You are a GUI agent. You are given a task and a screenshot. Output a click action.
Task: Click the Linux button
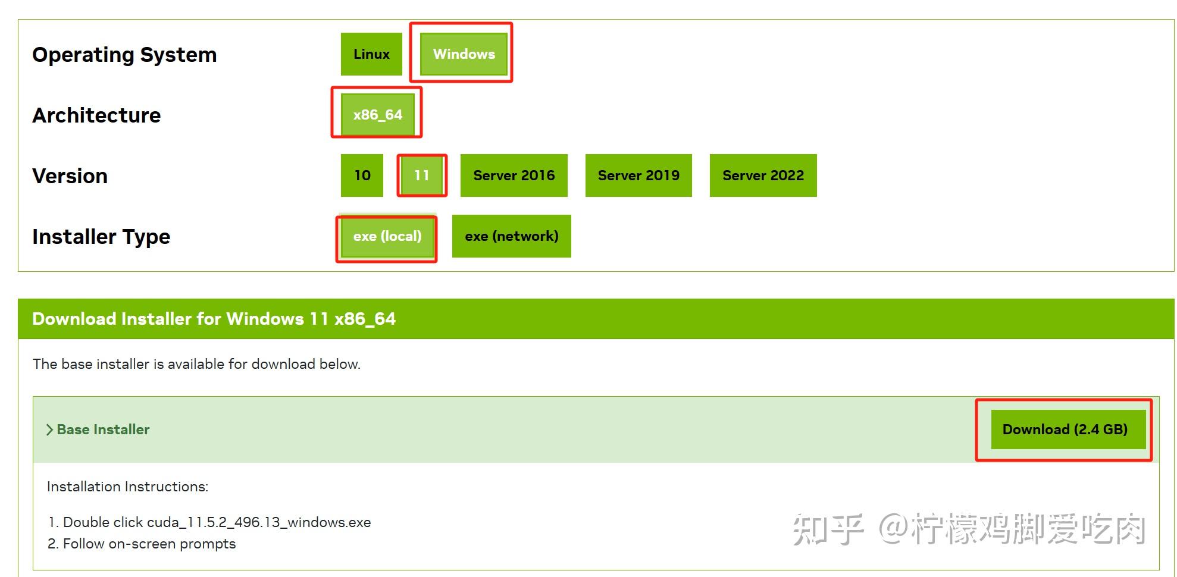click(x=371, y=54)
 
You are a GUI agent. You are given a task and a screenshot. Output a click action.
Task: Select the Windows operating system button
click(x=464, y=54)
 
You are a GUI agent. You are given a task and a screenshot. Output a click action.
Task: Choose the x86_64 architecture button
click(x=377, y=115)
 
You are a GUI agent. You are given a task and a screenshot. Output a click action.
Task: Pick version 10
click(x=362, y=175)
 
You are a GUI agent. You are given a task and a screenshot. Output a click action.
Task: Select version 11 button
click(x=422, y=175)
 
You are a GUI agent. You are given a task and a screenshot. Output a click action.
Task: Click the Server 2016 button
click(x=514, y=175)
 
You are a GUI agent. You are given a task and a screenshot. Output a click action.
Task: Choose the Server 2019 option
click(x=638, y=175)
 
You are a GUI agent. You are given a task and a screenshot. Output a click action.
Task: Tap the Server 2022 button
click(x=763, y=175)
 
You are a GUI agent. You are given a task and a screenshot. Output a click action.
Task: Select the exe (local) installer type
click(x=387, y=236)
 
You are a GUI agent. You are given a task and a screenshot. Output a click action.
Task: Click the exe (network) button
click(x=511, y=236)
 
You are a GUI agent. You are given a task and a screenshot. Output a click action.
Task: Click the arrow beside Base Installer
click(x=50, y=429)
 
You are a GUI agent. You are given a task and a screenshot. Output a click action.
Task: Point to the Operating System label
click(x=124, y=55)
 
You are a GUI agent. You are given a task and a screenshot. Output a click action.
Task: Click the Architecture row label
click(x=96, y=115)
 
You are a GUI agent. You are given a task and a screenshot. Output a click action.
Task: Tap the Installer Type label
click(x=101, y=237)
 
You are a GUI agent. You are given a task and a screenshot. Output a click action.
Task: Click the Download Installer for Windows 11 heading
click(x=214, y=319)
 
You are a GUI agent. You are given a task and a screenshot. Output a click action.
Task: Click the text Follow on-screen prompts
click(x=149, y=544)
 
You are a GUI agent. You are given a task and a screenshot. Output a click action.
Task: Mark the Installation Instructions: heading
click(x=127, y=487)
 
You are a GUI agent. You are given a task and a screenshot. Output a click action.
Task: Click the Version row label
click(x=70, y=176)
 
